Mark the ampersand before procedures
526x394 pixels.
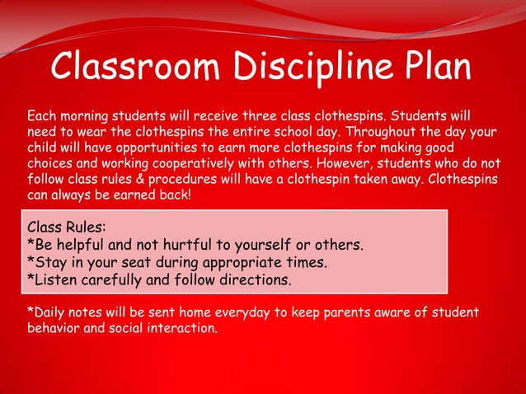coord(150,178)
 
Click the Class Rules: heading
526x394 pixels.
coord(66,227)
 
